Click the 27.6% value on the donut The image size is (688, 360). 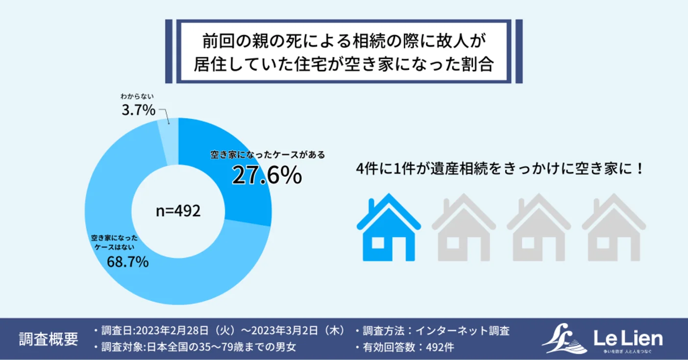pyautogui.click(x=267, y=176)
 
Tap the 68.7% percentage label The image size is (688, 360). pyautogui.click(x=127, y=263)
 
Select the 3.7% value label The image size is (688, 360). pyautogui.click(x=138, y=110)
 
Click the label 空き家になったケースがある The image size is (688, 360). pyautogui.click(x=268, y=155)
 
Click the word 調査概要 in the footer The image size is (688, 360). pyautogui.click(x=48, y=339)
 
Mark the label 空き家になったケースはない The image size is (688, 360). pyautogui.click(x=115, y=242)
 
